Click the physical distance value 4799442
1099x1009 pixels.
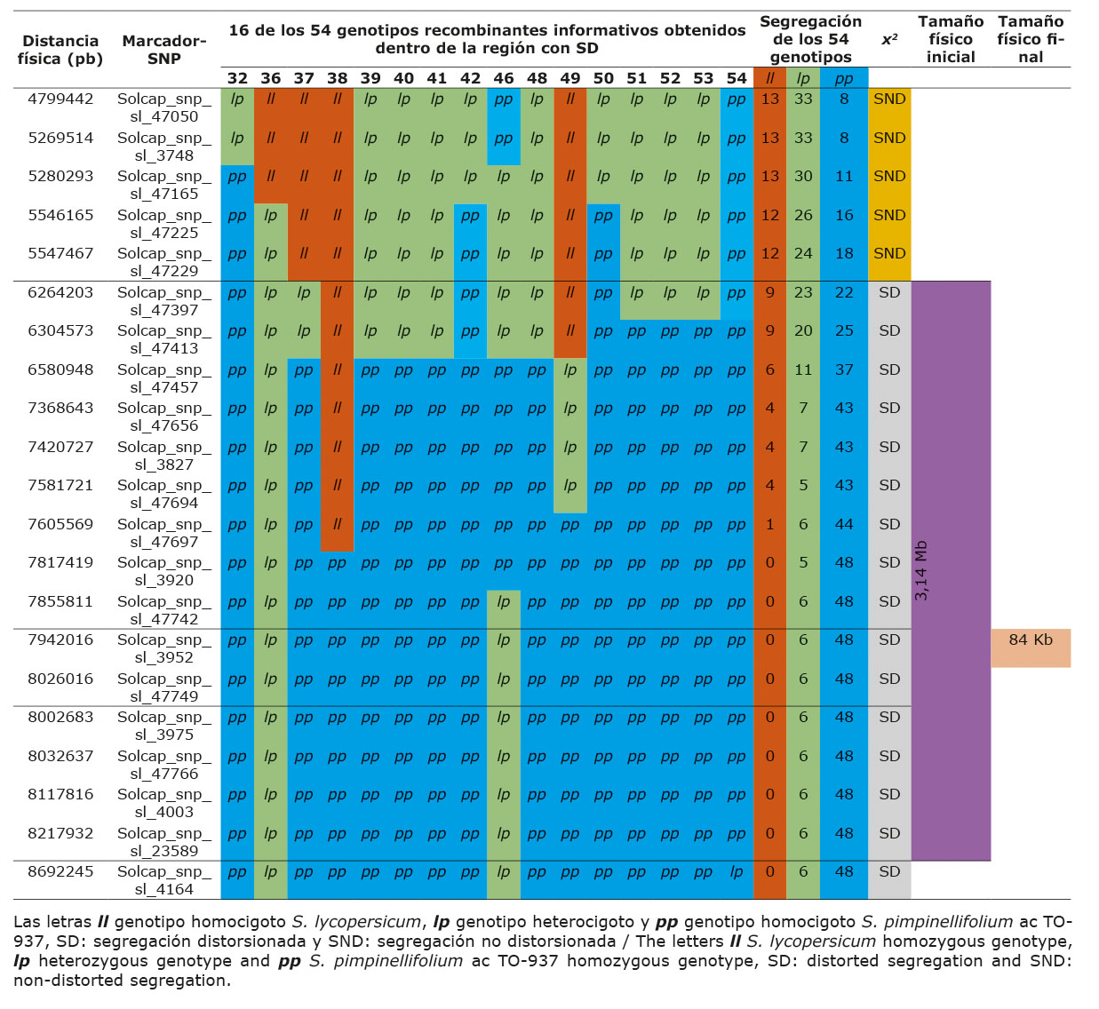point(60,99)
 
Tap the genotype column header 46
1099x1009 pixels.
point(503,78)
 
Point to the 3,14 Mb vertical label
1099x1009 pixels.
point(921,570)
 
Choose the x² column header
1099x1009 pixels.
point(888,40)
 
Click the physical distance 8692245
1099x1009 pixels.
point(60,871)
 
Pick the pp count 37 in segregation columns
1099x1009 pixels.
point(843,369)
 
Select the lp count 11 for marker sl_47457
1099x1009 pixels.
point(803,369)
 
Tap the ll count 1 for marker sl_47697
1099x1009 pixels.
point(769,524)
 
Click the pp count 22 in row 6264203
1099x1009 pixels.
point(843,292)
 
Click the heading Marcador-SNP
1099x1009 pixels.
point(164,50)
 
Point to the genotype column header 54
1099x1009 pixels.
point(737,78)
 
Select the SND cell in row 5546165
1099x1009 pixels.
point(888,215)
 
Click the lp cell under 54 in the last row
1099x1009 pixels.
point(737,871)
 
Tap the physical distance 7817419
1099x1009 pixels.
point(60,562)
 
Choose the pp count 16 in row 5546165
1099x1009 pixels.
point(843,215)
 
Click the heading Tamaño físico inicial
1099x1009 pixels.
point(951,39)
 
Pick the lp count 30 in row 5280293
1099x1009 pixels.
point(803,176)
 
